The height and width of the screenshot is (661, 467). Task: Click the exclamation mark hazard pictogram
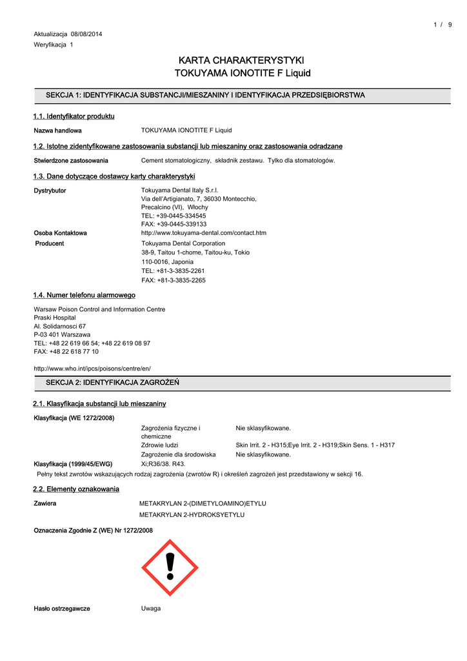click(x=170, y=567)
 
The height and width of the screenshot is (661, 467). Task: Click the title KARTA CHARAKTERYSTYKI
click(x=243, y=60)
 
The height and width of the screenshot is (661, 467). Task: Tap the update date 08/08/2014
click(x=86, y=34)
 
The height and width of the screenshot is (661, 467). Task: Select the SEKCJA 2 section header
click(x=112, y=383)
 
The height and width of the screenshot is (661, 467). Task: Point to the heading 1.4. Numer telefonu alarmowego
click(x=84, y=295)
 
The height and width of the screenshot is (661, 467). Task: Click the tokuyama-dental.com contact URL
click(x=204, y=232)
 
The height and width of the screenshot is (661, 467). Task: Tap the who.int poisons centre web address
click(x=92, y=368)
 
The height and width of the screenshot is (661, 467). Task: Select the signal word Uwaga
click(x=151, y=609)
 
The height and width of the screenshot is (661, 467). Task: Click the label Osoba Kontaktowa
click(x=60, y=232)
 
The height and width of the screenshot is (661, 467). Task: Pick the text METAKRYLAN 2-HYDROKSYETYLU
click(x=192, y=514)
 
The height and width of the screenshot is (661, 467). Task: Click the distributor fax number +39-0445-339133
click(x=174, y=224)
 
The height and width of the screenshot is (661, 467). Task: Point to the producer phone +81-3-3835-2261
click(x=173, y=271)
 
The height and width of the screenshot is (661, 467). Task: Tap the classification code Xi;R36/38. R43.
click(x=163, y=463)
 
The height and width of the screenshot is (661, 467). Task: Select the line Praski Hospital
click(x=55, y=318)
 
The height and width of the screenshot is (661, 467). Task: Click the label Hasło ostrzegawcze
click(x=62, y=609)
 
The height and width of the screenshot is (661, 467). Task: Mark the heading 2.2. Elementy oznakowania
click(x=76, y=489)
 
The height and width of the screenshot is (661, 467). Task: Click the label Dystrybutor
click(x=50, y=190)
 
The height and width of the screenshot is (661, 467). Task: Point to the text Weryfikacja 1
click(x=54, y=45)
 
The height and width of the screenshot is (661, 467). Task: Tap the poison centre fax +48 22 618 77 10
click(x=66, y=351)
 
